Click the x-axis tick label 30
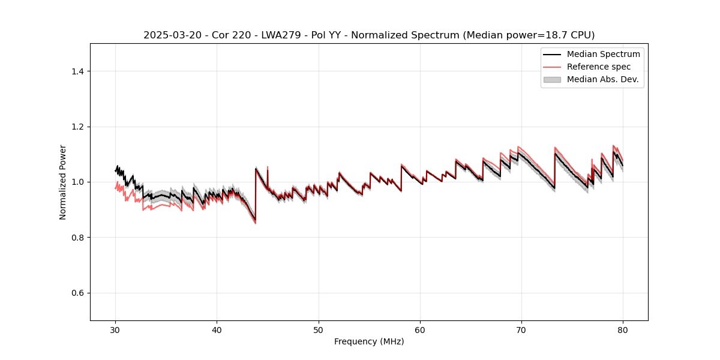(116, 330)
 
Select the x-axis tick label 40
(217, 330)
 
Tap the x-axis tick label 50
(319, 330)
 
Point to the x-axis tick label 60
(420, 330)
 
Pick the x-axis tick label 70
(521, 330)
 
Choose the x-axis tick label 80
(623, 330)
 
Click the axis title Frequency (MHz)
(369, 342)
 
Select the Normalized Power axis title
(63, 182)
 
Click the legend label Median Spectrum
(603, 54)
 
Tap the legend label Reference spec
(599, 67)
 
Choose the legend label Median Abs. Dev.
(602, 79)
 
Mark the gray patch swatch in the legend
(552, 79)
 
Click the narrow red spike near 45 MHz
(267, 168)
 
